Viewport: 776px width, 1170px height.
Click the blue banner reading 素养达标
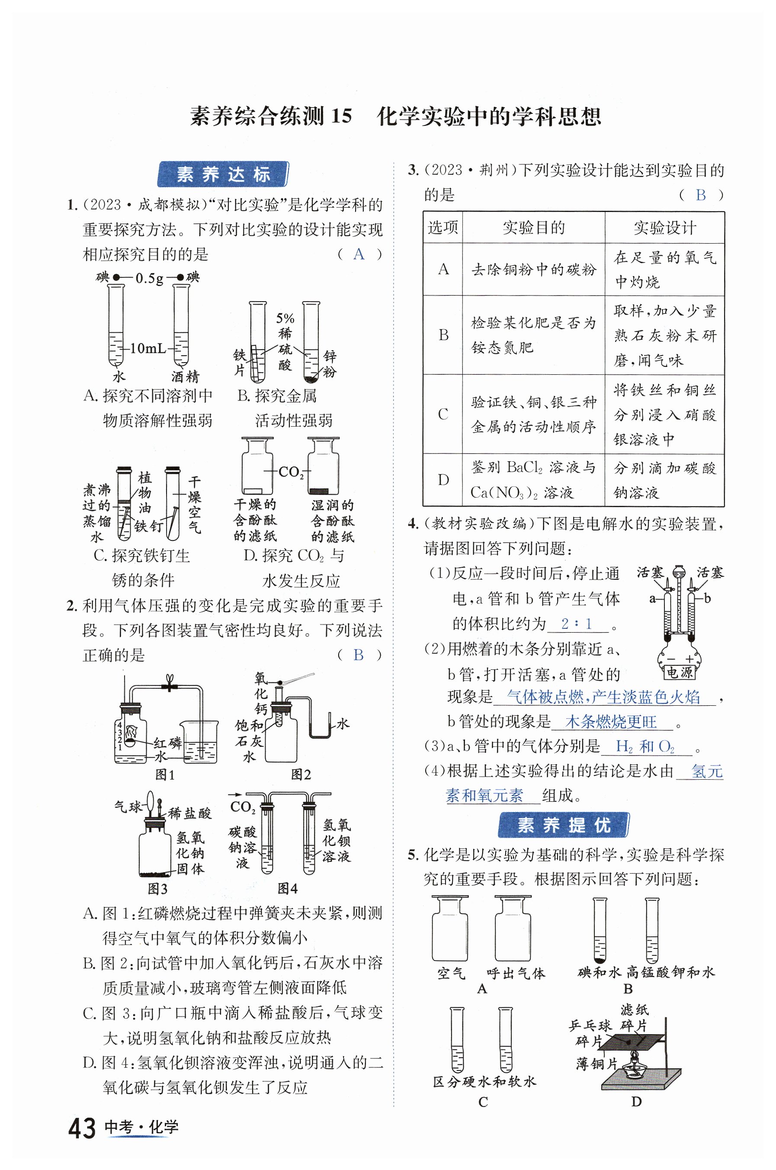[223, 174]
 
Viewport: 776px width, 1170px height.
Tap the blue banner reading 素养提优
[563, 825]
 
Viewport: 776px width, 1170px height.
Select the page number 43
[82, 1128]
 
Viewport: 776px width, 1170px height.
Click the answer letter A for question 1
[359, 254]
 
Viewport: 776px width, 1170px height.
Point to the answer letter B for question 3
[700, 195]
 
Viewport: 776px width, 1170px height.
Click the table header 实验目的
[533, 228]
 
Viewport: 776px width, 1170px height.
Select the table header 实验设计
[665, 228]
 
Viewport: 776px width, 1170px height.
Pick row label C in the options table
[443, 414]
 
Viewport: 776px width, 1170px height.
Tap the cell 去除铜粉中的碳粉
[533, 270]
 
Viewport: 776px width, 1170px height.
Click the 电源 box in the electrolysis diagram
[679, 672]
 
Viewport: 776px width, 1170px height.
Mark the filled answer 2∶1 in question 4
[577, 624]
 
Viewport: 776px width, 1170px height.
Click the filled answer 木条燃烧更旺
[611, 722]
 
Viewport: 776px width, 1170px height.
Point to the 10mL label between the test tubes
[148, 348]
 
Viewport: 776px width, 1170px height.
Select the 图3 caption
[157, 889]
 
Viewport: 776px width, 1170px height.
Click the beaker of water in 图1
[199, 741]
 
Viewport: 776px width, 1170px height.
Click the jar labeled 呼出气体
[513, 929]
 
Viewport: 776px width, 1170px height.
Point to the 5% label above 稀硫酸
[285, 318]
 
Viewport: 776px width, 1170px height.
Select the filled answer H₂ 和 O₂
[645, 746]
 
